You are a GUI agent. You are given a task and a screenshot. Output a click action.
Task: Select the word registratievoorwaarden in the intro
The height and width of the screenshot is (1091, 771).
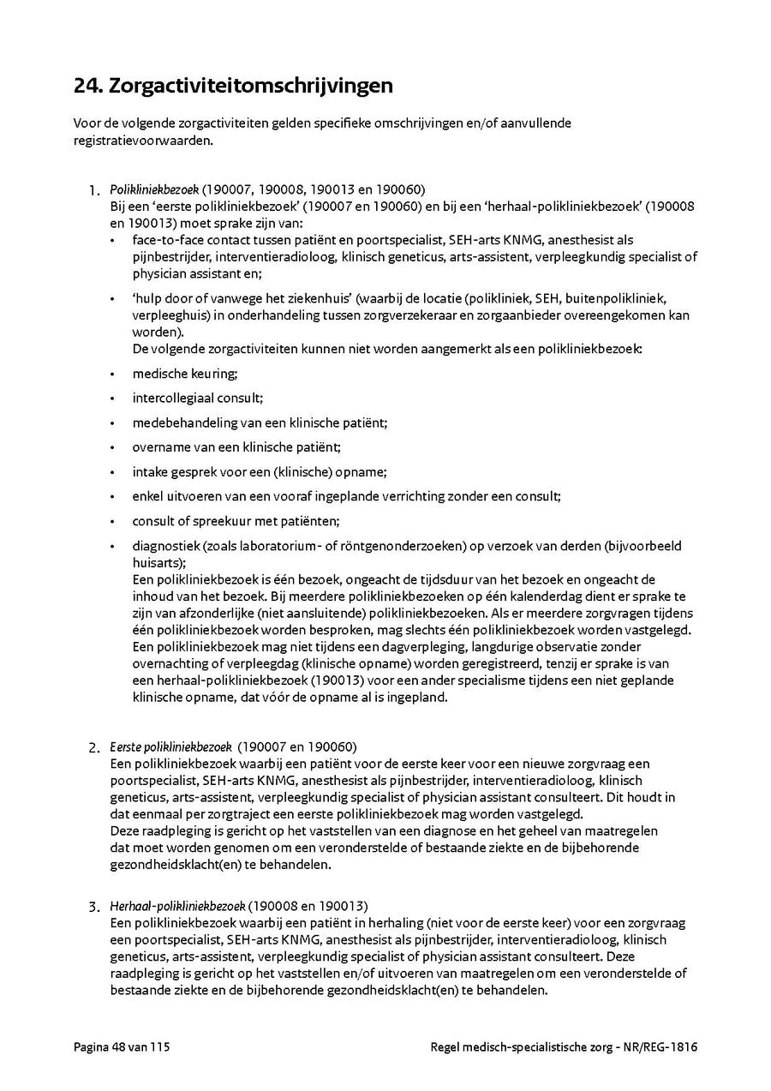click(x=142, y=140)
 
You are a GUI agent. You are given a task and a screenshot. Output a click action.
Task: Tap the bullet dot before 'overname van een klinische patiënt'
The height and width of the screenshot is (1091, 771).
click(x=113, y=447)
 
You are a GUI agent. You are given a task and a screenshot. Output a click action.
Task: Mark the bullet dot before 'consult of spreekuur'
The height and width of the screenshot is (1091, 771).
click(x=113, y=521)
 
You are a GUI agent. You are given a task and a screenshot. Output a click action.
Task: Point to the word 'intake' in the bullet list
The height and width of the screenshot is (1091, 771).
click(x=151, y=472)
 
